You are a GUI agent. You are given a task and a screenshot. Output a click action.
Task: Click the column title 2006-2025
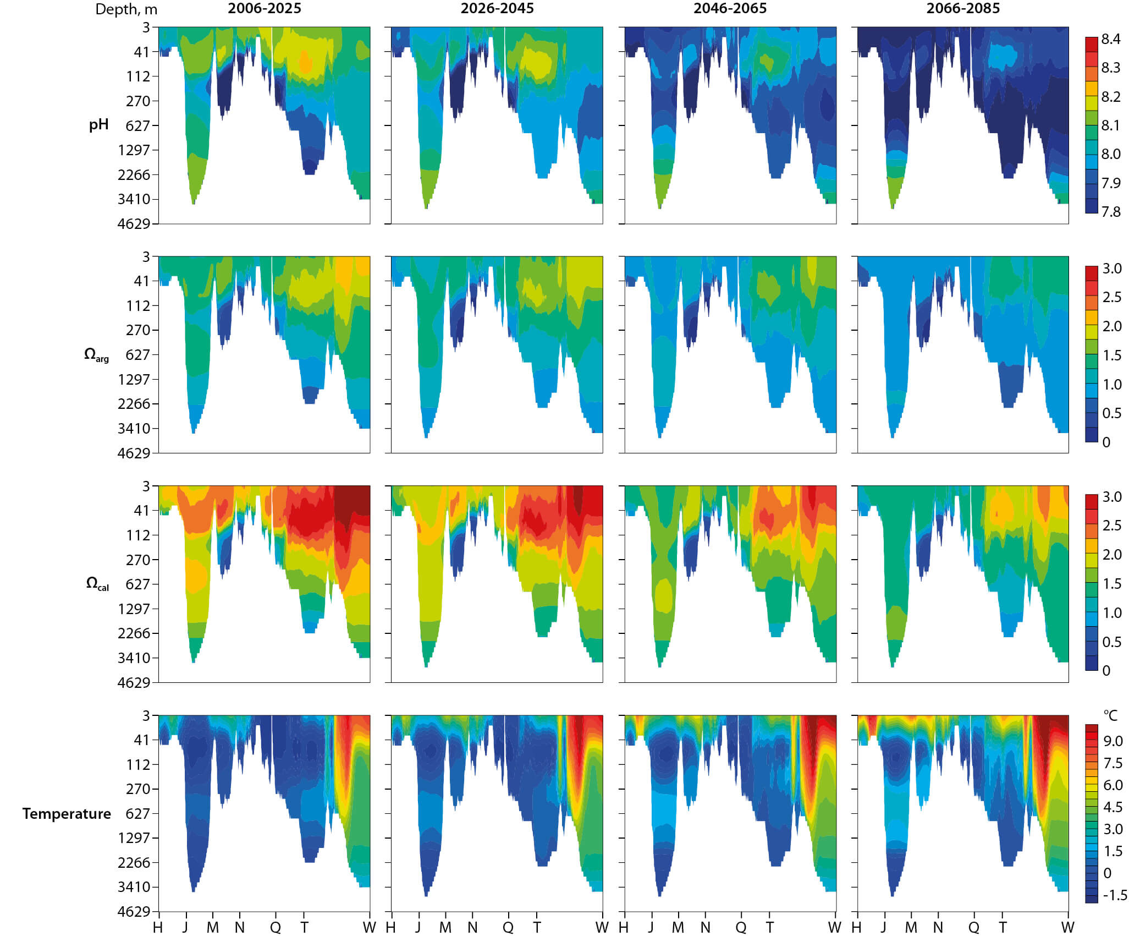(265, 8)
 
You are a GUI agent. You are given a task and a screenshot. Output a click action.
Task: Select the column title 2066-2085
(963, 8)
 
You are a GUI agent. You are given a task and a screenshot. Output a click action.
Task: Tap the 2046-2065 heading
(730, 8)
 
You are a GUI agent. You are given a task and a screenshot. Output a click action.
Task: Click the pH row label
(98, 125)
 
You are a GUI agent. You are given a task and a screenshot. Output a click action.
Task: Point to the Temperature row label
(67, 814)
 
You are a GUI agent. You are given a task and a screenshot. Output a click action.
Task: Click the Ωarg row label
(96, 355)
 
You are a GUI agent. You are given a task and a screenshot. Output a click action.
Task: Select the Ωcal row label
(97, 584)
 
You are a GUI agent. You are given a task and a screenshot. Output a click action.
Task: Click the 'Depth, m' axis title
(126, 9)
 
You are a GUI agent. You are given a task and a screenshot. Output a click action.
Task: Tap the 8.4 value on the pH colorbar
(1110, 39)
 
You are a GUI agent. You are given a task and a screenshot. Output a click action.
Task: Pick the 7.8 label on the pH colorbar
(1110, 212)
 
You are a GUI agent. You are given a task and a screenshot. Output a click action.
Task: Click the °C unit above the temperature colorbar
(1110, 715)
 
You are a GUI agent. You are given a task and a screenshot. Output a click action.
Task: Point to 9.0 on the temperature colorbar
(1113, 741)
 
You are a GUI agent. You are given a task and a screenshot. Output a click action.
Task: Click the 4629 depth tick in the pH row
(134, 223)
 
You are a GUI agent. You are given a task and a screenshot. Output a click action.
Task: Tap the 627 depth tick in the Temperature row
(137, 813)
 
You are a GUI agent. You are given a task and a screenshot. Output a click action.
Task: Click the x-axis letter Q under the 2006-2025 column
(275, 927)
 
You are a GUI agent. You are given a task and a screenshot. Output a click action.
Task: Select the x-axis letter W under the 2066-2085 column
(1067, 927)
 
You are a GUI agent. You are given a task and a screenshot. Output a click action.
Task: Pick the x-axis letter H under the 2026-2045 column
(390, 927)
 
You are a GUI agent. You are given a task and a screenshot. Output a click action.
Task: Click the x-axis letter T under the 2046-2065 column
(769, 927)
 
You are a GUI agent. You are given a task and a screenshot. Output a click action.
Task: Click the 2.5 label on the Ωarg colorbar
(1112, 297)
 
